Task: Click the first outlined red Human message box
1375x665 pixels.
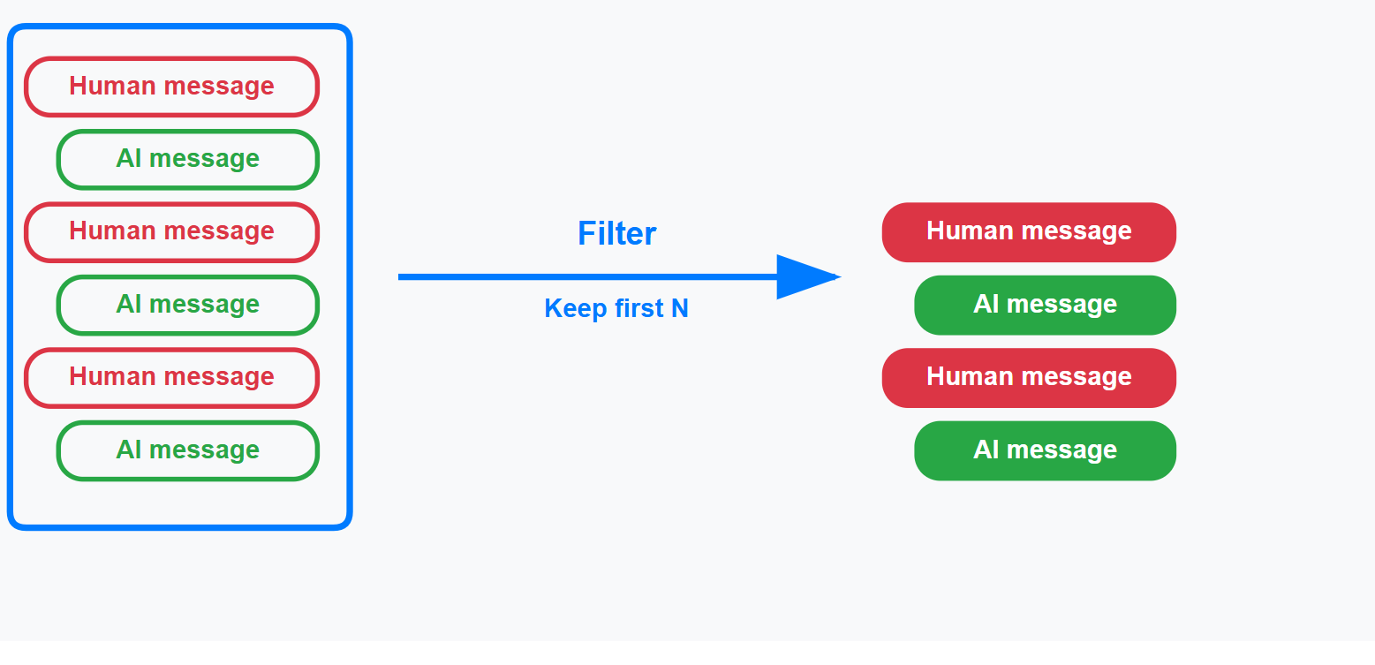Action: coord(171,87)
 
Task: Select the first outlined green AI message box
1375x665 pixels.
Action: coord(187,159)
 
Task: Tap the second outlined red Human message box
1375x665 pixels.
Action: coord(171,231)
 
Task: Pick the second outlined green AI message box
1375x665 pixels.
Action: coord(187,305)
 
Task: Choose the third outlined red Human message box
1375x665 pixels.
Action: coord(171,377)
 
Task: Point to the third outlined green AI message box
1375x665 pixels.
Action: coord(187,450)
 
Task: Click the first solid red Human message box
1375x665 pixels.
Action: coord(1029,231)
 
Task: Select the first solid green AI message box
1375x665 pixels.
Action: coord(1045,305)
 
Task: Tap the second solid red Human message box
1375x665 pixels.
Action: coord(1029,377)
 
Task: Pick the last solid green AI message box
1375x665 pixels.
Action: coord(1045,450)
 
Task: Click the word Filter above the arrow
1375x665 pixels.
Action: coord(616,234)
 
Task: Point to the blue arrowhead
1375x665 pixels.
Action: coord(804,276)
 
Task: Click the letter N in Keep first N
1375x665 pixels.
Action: coord(679,308)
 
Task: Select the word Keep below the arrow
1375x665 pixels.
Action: coord(570,308)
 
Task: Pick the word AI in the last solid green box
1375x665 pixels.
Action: coord(986,450)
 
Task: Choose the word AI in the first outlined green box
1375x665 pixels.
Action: coord(128,159)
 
